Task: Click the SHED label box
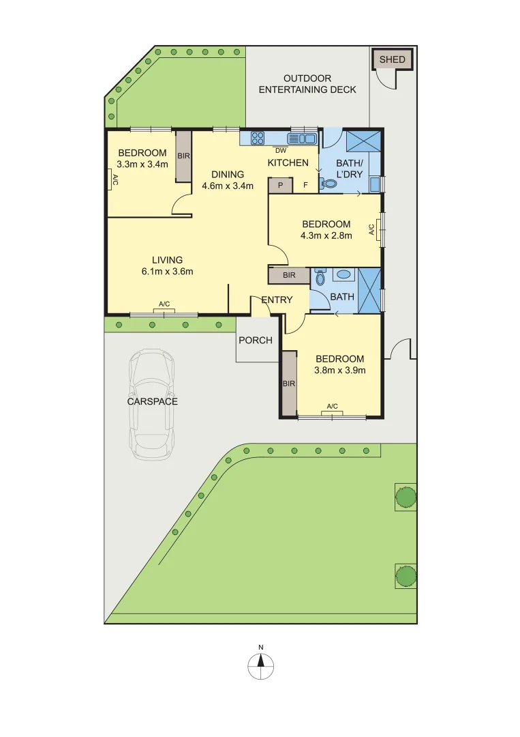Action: point(392,59)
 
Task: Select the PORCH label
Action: point(256,341)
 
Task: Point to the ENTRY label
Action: point(277,300)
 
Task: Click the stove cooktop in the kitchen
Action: point(258,139)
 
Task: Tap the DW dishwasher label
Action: point(280,150)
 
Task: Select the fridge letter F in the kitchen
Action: point(305,184)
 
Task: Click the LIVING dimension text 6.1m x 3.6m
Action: point(168,272)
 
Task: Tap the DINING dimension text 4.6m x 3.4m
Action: point(228,186)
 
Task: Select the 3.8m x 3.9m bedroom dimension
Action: point(340,371)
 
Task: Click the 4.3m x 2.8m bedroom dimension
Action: point(326,236)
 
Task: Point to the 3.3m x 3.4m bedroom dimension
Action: point(142,164)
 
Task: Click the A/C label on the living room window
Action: point(164,304)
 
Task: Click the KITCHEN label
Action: point(288,162)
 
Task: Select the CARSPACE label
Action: point(153,401)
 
